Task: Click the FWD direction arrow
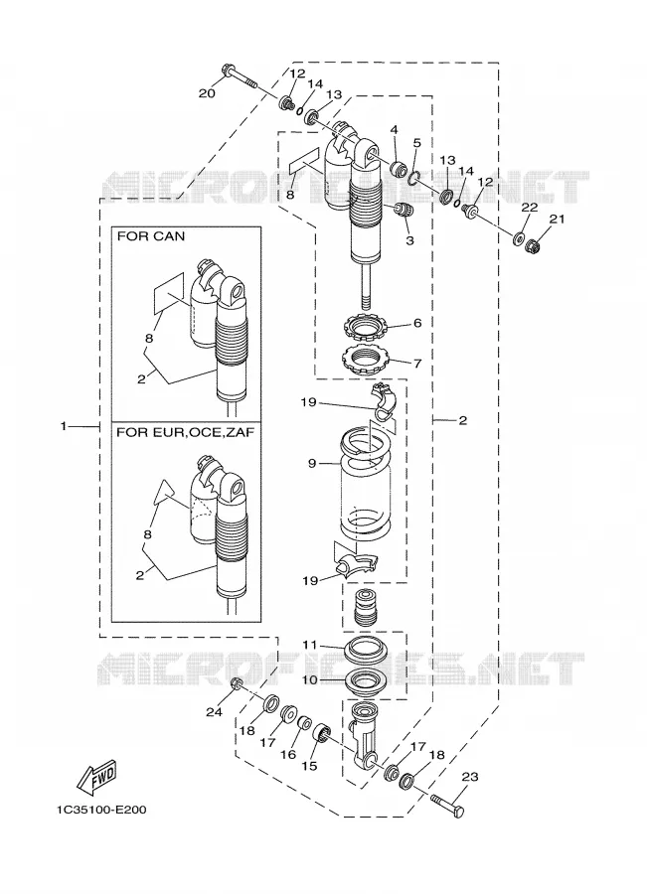[x=97, y=777]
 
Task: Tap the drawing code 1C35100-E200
[x=101, y=809]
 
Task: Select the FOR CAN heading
[x=151, y=236]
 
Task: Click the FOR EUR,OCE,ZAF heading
[x=186, y=432]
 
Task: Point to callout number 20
[x=207, y=93]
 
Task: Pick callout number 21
[x=557, y=219]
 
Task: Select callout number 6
[x=417, y=323]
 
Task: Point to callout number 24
[x=214, y=711]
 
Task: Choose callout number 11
[x=309, y=645]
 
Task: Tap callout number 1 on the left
[x=64, y=426]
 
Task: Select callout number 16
[x=288, y=754]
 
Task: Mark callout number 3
[x=409, y=240]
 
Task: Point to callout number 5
[x=417, y=142]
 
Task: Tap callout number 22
[x=530, y=208]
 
